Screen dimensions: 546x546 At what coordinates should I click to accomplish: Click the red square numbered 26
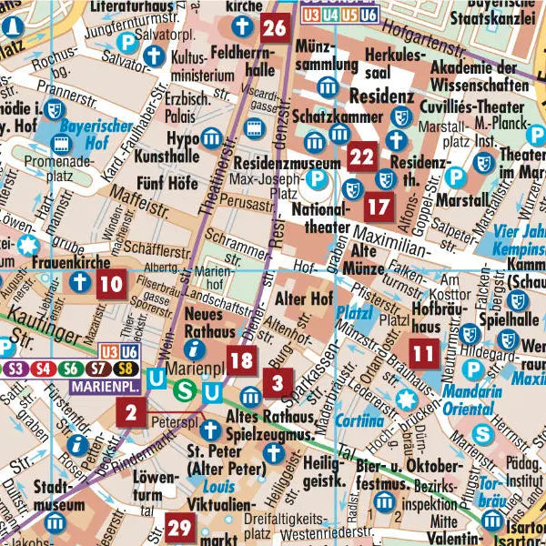[x=274, y=29]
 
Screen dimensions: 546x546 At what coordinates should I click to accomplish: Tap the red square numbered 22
[x=361, y=157]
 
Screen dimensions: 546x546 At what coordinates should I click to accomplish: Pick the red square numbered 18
[x=240, y=361]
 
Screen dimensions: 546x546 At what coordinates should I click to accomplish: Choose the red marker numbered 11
[x=421, y=352]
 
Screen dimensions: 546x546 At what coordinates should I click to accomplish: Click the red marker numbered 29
[x=179, y=527]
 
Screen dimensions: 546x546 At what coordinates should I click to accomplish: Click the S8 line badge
[x=124, y=369]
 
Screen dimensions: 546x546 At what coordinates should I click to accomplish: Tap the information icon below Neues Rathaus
[x=192, y=349]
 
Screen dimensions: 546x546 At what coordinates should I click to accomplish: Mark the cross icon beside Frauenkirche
[x=79, y=283]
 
